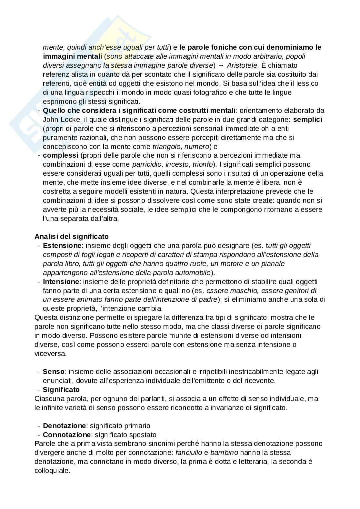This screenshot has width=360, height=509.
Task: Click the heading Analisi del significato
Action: point(72,236)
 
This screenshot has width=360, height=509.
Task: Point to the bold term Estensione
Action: point(62,245)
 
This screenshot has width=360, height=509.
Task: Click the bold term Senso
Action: point(54,372)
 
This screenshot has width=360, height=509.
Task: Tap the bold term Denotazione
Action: point(65,426)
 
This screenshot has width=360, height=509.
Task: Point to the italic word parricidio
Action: point(147,164)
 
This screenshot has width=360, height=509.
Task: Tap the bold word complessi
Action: point(60,155)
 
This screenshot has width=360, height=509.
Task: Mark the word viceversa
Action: point(50,353)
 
